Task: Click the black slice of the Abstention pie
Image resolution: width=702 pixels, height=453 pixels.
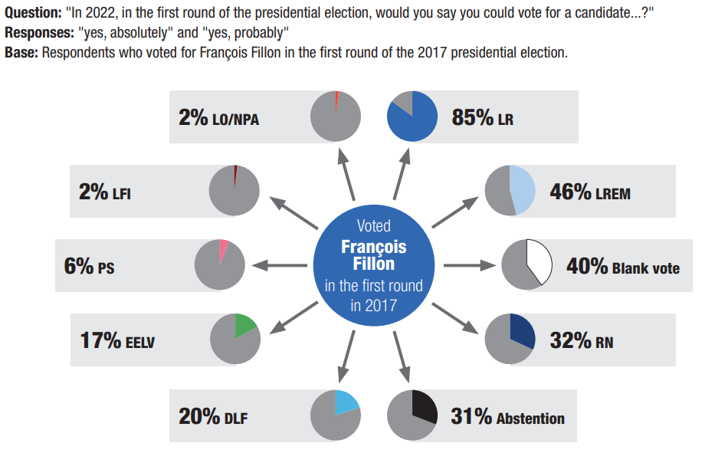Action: [423, 405]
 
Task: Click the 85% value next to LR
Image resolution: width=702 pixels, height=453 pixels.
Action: [473, 119]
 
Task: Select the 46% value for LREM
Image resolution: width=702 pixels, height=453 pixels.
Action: [571, 192]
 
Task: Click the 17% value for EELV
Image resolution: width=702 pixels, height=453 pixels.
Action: [100, 340]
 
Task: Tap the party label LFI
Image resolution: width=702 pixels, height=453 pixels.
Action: [121, 195]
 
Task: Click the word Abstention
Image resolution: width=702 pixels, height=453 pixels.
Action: [530, 419]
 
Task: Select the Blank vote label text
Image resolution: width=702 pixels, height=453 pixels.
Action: [645, 268]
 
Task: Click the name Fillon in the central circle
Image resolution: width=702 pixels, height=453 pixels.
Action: [373, 264]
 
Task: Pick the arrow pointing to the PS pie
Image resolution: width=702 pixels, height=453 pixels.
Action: [277, 266]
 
